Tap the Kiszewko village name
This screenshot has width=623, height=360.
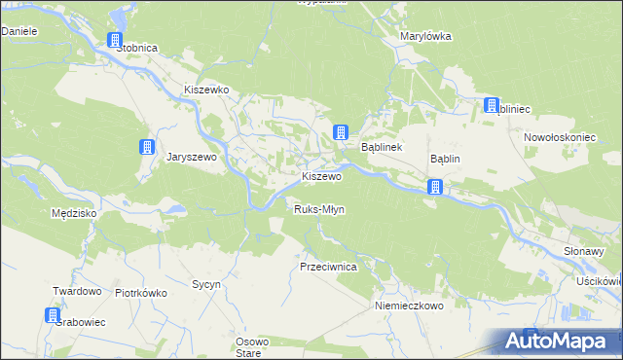206,90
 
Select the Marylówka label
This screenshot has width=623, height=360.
425,36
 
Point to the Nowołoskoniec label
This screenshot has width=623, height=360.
560,137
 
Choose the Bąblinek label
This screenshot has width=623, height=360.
383,148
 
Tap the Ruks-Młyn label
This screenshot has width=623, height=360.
319,209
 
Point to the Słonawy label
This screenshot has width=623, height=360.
584,250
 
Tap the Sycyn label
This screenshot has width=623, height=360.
206,285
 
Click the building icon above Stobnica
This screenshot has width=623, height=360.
115,41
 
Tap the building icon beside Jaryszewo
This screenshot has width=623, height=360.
146,148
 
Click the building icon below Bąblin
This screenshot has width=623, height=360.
436,187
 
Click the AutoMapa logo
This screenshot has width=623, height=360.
558,341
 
